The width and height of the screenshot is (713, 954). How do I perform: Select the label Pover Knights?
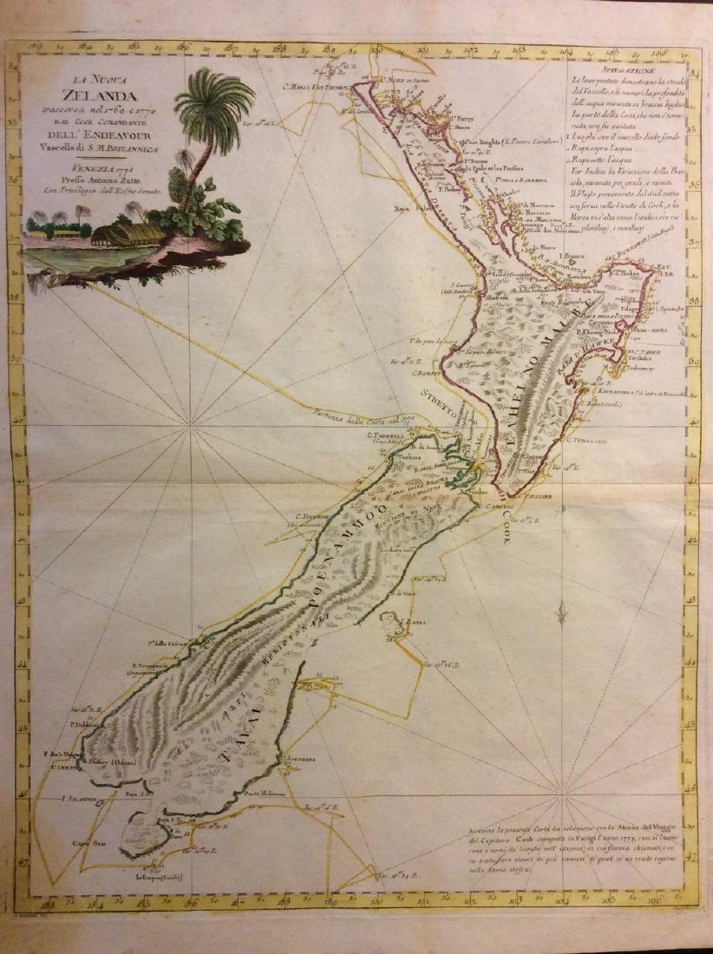pos(485,141)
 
